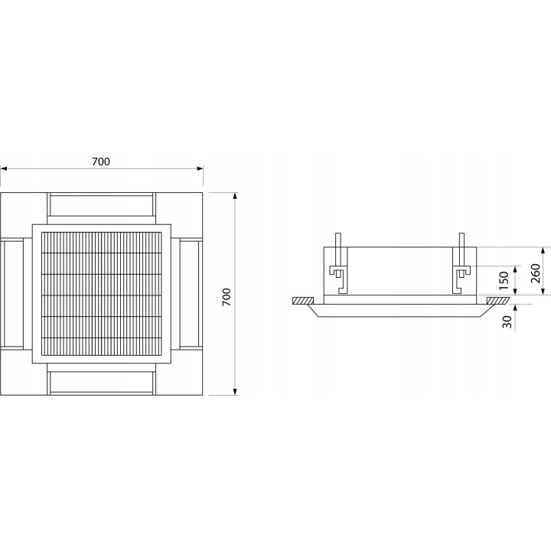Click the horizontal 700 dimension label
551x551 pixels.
click(x=101, y=161)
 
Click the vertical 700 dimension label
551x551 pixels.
click(x=227, y=297)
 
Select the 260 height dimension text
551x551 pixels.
click(x=535, y=273)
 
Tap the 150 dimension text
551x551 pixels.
click(x=504, y=280)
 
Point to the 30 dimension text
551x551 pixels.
click(x=507, y=322)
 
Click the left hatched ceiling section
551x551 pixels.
click(x=304, y=301)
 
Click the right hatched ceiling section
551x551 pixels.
click(x=497, y=301)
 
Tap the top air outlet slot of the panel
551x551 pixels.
click(x=101, y=205)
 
